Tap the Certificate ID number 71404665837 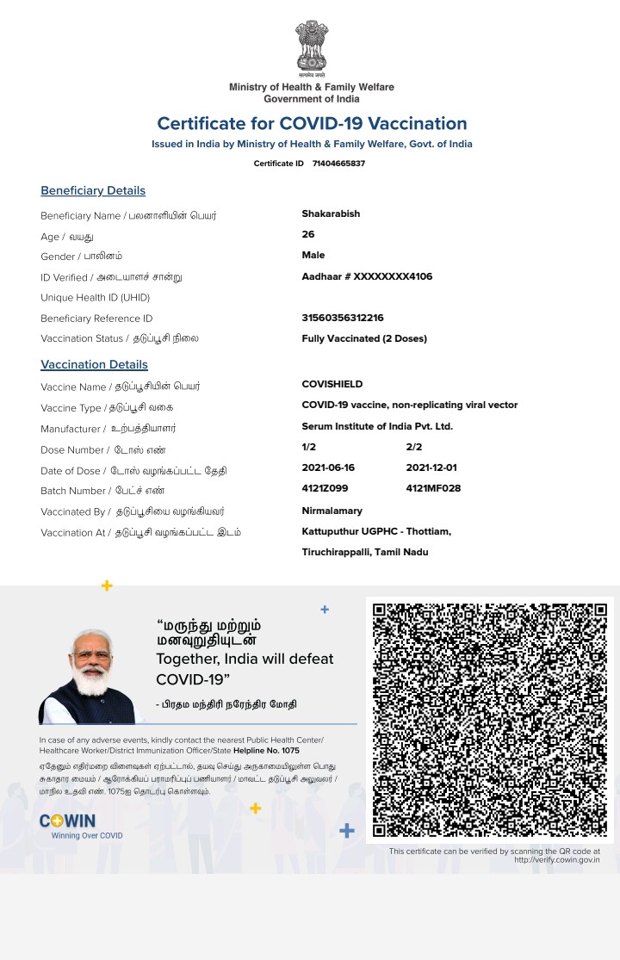coord(338,164)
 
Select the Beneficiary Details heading coord(93,190)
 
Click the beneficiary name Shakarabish coord(331,214)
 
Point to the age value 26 coord(308,234)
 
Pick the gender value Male coord(313,255)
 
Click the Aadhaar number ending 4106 coord(367,276)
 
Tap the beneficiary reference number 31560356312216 coord(343,318)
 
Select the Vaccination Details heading coord(94,364)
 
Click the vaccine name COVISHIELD coord(332,384)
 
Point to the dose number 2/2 coord(414,447)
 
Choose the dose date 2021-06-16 coord(328,468)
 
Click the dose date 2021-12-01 coord(432,468)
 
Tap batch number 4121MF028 coord(433,489)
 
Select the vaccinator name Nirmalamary coord(332,511)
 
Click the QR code coord(490,720)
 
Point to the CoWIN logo coord(68,821)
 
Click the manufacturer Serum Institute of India coord(377,426)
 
